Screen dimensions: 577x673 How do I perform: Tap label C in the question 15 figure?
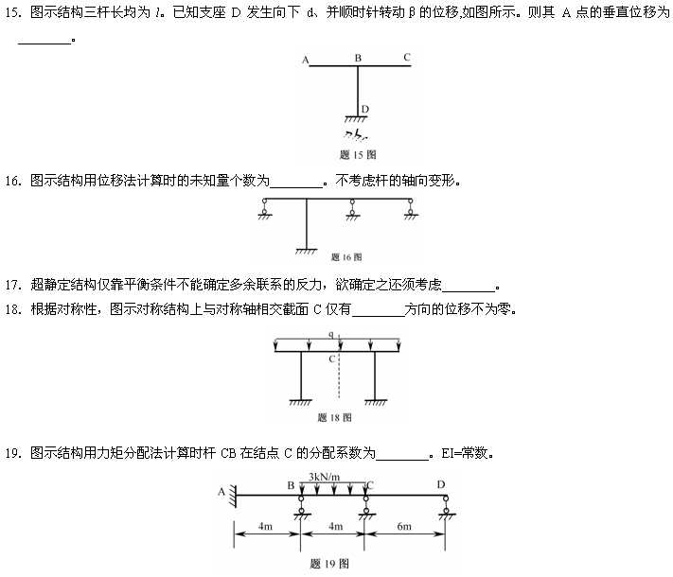click(406, 58)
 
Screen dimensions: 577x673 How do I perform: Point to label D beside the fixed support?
click(365, 110)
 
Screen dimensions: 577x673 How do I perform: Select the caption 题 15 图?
click(358, 154)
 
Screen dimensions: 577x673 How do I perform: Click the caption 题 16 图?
click(346, 256)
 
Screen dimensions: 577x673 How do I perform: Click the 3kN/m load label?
click(325, 476)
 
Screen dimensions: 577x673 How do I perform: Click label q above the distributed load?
click(331, 335)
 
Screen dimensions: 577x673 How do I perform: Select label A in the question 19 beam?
click(221, 491)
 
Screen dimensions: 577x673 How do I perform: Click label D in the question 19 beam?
click(441, 484)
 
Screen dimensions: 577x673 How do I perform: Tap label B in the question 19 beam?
click(292, 485)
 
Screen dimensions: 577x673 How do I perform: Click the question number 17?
click(12, 284)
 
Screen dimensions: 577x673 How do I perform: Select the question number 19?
click(12, 452)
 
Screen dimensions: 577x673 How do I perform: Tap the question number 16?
click(12, 180)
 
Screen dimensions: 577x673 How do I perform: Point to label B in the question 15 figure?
click(358, 58)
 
